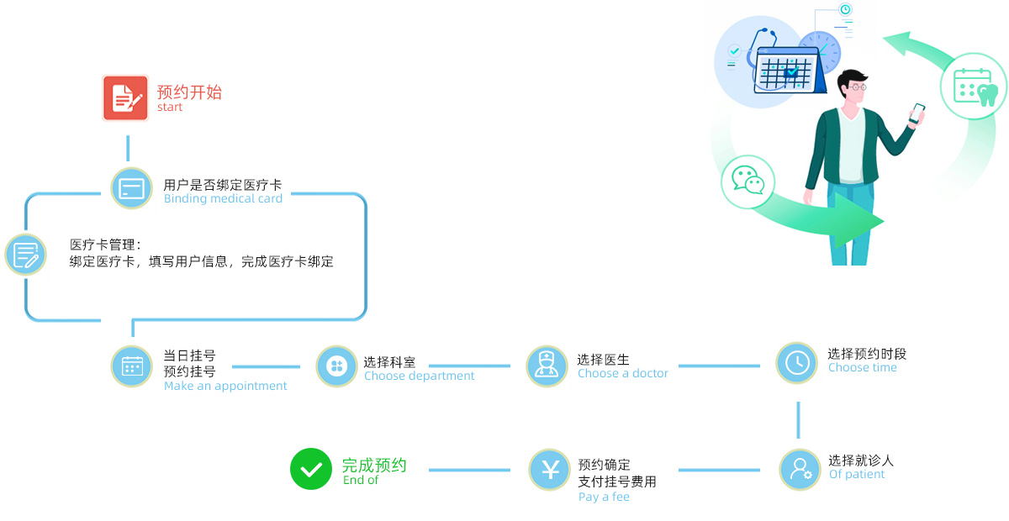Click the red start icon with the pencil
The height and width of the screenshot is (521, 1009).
tap(125, 98)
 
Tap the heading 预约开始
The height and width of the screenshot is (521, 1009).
tap(189, 92)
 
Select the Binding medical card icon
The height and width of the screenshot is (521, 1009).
tap(132, 187)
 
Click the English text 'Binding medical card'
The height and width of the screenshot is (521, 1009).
tap(223, 199)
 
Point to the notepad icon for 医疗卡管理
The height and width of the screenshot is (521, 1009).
tap(25, 254)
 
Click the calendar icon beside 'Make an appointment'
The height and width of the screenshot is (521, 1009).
tap(132, 366)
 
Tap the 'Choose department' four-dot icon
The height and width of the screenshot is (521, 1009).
tap(336, 366)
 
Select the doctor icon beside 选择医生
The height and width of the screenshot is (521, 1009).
tap(547, 366)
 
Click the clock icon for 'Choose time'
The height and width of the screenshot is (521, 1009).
tap(796, 362)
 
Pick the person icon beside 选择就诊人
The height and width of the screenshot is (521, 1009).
tap(800, 469)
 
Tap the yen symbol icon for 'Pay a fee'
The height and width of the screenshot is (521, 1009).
tap(550, 470)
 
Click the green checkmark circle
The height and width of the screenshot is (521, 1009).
tap(311, 469)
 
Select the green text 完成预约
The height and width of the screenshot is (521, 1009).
tap(374, 465)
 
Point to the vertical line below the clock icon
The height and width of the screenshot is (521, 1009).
tap(798, 419)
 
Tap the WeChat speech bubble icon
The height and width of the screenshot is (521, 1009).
tap(748, 180)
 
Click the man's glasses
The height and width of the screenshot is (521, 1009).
tap(855, 87)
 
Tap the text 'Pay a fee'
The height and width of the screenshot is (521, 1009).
tap(604, 497)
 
